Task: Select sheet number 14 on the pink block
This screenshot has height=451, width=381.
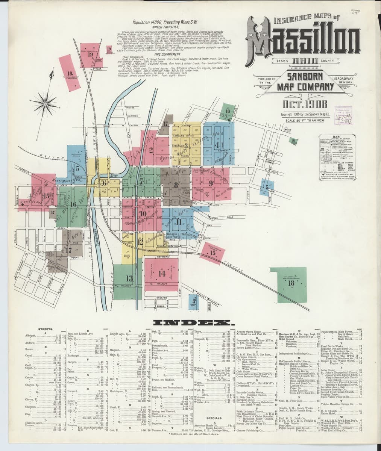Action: (162, 273)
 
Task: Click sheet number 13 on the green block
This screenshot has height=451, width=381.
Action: (130, 278)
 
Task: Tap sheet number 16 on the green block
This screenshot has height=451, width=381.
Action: (73, 204)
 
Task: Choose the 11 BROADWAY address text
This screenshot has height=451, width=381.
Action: (347, 78)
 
